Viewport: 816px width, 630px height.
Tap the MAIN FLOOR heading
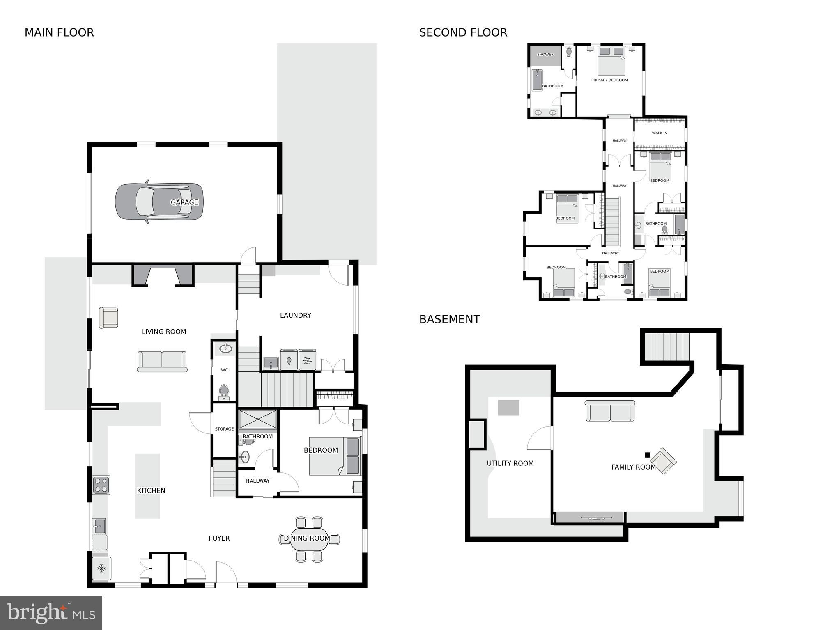coord(59,32)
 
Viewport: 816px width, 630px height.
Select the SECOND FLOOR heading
coord(463,32)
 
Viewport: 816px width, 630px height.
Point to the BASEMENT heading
coord(449,319)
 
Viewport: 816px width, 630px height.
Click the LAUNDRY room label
coord(295,315)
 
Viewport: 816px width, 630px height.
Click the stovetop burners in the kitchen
coord(101,484)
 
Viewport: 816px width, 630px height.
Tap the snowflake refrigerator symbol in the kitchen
coord(101,568)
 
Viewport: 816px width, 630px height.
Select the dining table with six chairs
coord(309,539)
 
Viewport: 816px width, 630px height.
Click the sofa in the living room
coord(162,361)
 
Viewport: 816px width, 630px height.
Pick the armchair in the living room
coord(108,318)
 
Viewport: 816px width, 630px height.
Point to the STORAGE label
coord(224,429)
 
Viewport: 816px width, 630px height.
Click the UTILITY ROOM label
coord(510,463)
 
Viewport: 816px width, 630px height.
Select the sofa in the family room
coord(609,411)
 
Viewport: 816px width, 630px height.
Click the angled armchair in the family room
coord(663,461)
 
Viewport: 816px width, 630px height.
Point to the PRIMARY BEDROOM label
coord(609,80)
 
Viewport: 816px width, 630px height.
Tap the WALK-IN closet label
coord(659,133)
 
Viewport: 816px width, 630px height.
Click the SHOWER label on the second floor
coord(545,54)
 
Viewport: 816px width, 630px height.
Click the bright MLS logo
coord(51,613)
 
